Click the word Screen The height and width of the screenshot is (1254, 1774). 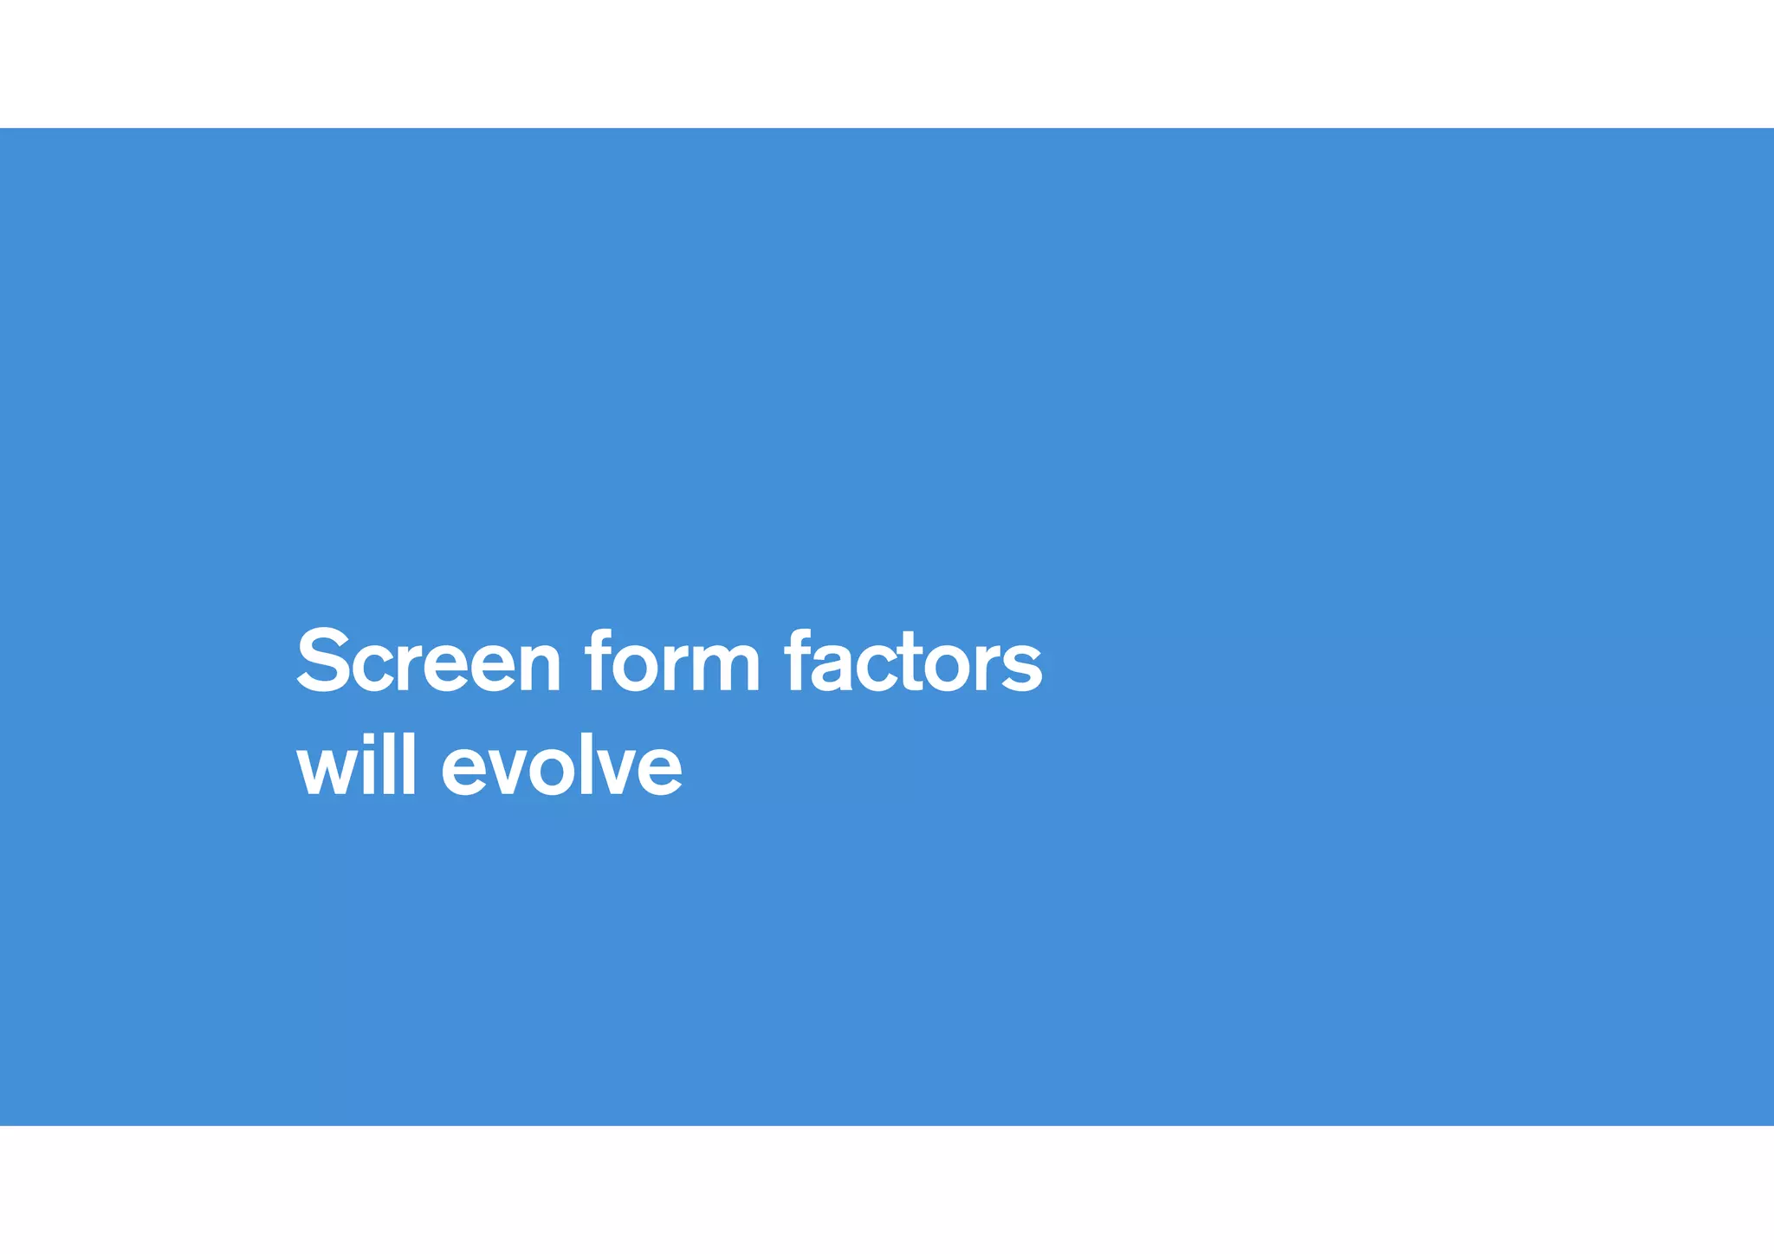click(x=429, y=662)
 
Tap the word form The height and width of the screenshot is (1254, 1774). click(x=672, y=662)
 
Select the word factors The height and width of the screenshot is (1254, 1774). click(x=913, y=662)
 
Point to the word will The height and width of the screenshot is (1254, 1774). click(x=356, y=764)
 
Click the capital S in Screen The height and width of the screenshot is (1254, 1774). click(x=323, y=660)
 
